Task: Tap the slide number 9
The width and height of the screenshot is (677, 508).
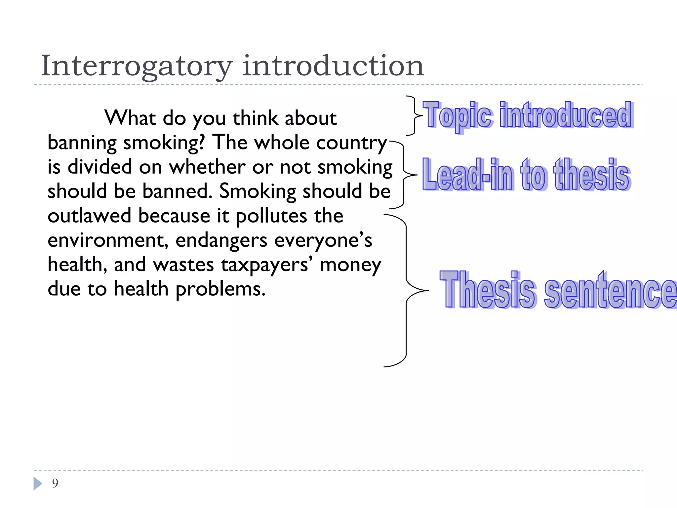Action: click(x=55, y=483)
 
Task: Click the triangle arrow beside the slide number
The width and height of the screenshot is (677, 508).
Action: click(x=38, y=484)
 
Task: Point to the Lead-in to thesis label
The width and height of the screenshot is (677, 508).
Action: click(x=526, y=175)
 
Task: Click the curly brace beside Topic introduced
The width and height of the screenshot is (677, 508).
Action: click(x=413, y=115)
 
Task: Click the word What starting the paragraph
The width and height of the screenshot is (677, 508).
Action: click(x=130, y=118)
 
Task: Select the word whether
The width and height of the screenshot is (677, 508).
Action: click(x=207, y=167)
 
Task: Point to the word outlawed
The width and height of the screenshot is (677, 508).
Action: click(x=89, y=216)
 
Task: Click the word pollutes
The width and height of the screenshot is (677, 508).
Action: click(x=271, y=216)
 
